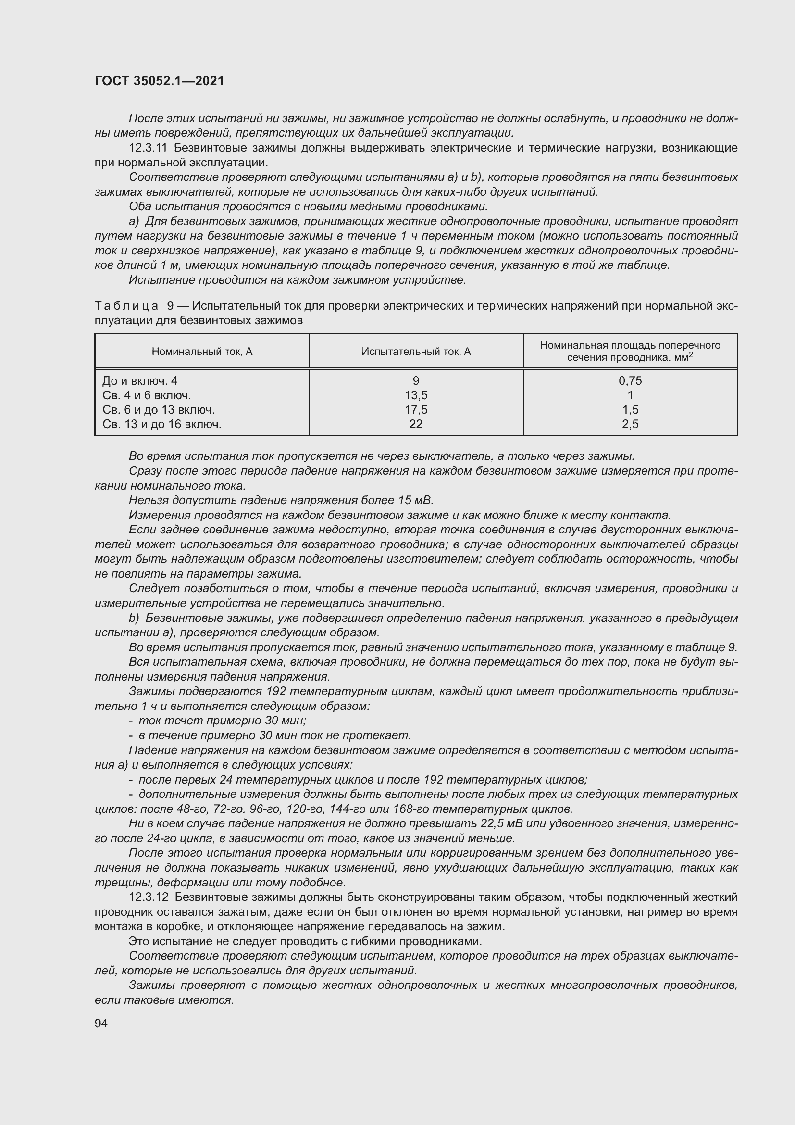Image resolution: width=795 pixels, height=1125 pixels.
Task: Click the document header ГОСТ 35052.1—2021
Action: tap(159, 81)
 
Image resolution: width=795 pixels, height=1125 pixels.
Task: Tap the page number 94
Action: tap(101, 1023)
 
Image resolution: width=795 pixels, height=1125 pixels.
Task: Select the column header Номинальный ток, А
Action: tap(202, 351)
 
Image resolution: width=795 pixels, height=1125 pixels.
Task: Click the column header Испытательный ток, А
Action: tap(416, 351)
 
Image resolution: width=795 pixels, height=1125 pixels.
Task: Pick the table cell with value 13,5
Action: tap(416, 395)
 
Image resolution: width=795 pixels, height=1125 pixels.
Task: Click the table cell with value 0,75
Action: tap(630, 381)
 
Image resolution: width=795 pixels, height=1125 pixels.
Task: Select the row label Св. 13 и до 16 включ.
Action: tap(162, 424)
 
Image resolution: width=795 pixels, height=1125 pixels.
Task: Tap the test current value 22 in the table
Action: tap(416, 424)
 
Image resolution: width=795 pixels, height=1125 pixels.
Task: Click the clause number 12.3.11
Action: tap(149, 148)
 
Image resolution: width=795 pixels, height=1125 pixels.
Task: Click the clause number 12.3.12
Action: tap(149, 897)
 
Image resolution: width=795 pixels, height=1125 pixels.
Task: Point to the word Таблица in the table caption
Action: tap(126, 306)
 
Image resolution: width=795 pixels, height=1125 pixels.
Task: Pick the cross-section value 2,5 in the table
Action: tap(630, 424)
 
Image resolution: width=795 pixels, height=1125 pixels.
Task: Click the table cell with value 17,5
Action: tap(416, 410)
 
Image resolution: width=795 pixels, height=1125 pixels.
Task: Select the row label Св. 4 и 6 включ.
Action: tap(147, 395)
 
